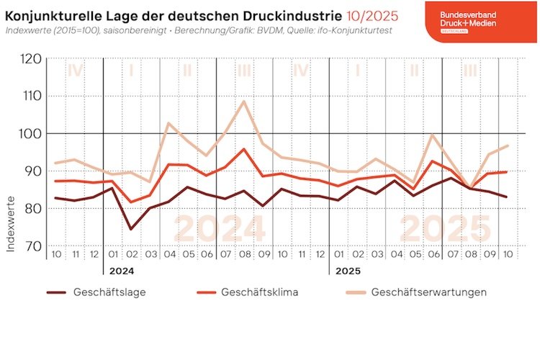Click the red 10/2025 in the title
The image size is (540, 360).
(x=318, y=15)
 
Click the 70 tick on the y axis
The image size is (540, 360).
(x=32, y=246)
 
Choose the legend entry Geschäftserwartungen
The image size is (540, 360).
(x=429, y=292)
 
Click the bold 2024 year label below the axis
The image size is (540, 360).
(x=122, y=272)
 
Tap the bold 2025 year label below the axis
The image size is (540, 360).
(x=346, y=272)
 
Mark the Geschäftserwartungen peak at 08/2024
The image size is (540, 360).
(x=244, y=101)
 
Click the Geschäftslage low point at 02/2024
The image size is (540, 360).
(x=131, y=230)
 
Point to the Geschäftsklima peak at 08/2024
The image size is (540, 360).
(x=244, y=149)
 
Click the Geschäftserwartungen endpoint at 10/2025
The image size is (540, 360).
(x=508, y=145)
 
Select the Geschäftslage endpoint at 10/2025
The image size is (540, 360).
(x=508, y=197)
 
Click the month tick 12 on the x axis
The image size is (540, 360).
(x=94, y=256)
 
